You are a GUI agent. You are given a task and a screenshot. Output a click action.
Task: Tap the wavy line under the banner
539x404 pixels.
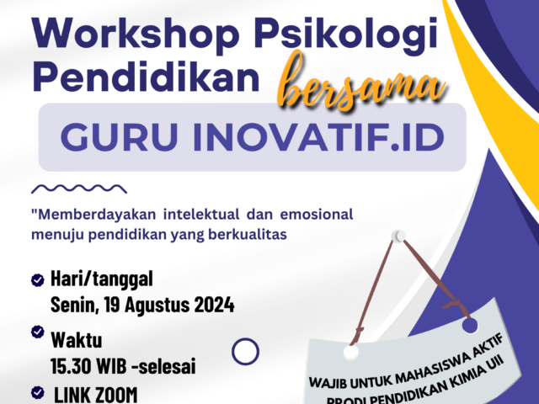pyautogui.click(x=78, y=189)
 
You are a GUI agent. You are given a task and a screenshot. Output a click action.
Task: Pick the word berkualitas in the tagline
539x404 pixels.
pyautogui.click(x=251, y=235)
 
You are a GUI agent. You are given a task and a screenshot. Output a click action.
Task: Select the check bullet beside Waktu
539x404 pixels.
pyautogui.click(x=37, y=332)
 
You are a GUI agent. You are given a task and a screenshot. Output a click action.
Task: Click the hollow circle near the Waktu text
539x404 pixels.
pyautogui.click(x=245, y=350)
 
